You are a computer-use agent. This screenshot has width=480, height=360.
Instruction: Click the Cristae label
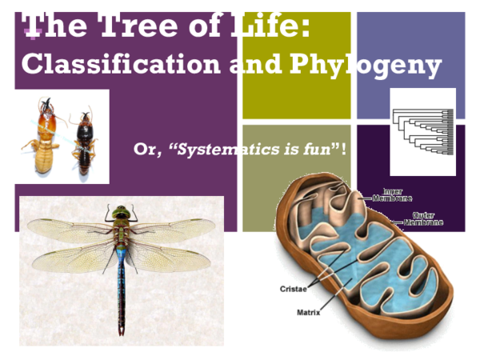tap(294, 289)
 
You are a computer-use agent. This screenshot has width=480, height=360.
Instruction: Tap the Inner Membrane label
tap(392, 195)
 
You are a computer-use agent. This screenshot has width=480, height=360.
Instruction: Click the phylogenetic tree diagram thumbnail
tap(422, 131)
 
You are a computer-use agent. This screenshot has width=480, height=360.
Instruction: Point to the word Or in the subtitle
tap(146, 149)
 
